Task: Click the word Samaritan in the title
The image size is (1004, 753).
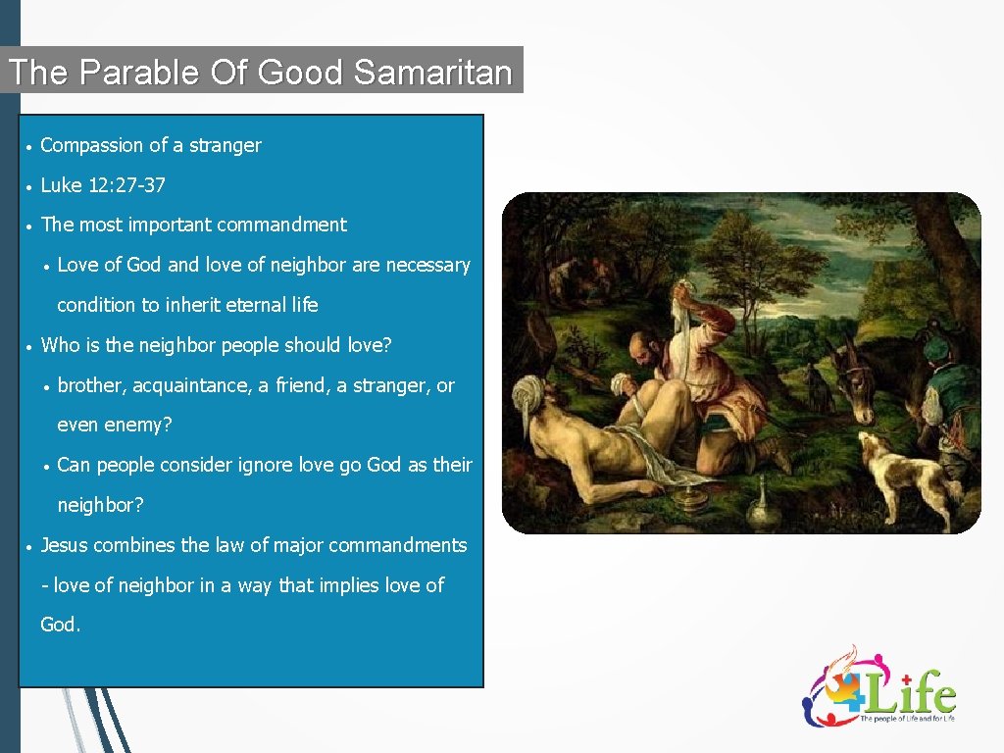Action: [x=432, y=73]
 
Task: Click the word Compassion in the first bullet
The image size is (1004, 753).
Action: [x=92, y=145]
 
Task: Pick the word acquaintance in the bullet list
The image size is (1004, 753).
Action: [x=191, y=385]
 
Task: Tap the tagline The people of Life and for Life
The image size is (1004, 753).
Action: [x=907, y=719]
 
